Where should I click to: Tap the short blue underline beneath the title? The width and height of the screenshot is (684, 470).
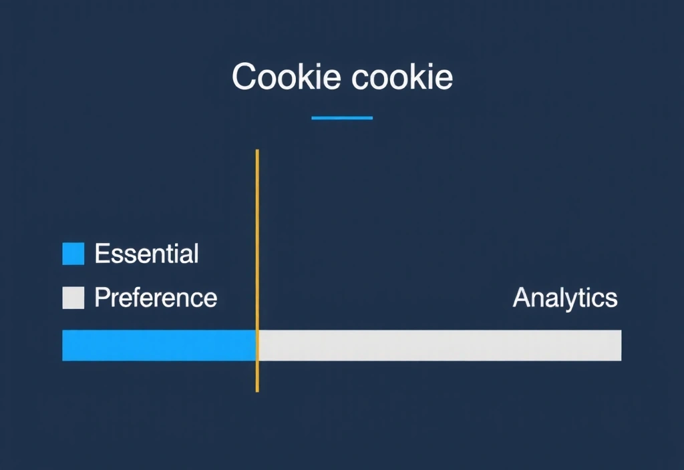pos(342,118)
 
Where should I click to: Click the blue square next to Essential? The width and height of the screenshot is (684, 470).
pos(73,254)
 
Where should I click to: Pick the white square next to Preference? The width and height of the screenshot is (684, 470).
pos(73,298)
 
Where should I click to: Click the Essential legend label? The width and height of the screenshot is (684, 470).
pos(146,254)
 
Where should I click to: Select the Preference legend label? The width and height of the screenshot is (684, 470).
pos(156,298)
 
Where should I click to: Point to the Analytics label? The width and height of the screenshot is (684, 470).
pos(565,298)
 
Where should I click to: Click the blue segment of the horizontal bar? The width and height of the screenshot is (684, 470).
pos(158,345)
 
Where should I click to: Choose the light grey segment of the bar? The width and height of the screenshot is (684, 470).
pos(440,345)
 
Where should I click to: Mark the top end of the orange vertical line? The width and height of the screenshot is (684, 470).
pos(257,152)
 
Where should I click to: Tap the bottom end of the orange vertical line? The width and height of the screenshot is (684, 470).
pos(257,390)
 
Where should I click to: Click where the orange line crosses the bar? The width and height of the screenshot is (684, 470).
pos(257,345)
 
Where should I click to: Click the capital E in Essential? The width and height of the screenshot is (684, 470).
pos(102,254)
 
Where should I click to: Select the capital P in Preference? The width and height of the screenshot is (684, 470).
pos(102,298)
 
